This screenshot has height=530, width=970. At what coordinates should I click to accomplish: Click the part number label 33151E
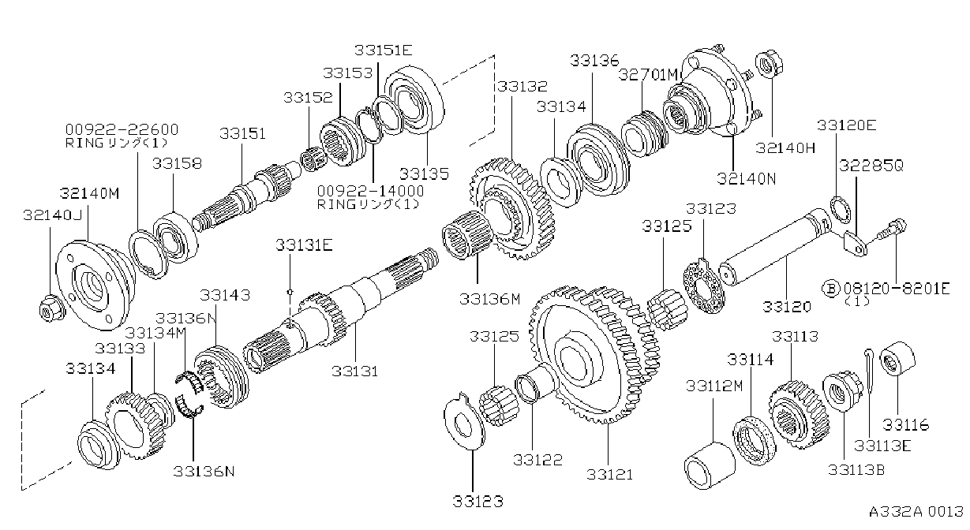(x=384, y=50)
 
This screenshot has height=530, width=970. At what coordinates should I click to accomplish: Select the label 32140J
(x=52, y=215)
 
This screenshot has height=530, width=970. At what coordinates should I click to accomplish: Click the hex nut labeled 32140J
(x=51, y=309)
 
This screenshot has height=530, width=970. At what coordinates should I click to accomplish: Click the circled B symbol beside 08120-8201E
(x=831, y=289)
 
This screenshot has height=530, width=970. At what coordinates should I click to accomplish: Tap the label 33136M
(x=489, y=299)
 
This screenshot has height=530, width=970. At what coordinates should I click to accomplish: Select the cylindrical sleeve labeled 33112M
(x=710, y=465)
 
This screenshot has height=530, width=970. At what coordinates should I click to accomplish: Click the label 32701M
(x=648, y=75)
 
